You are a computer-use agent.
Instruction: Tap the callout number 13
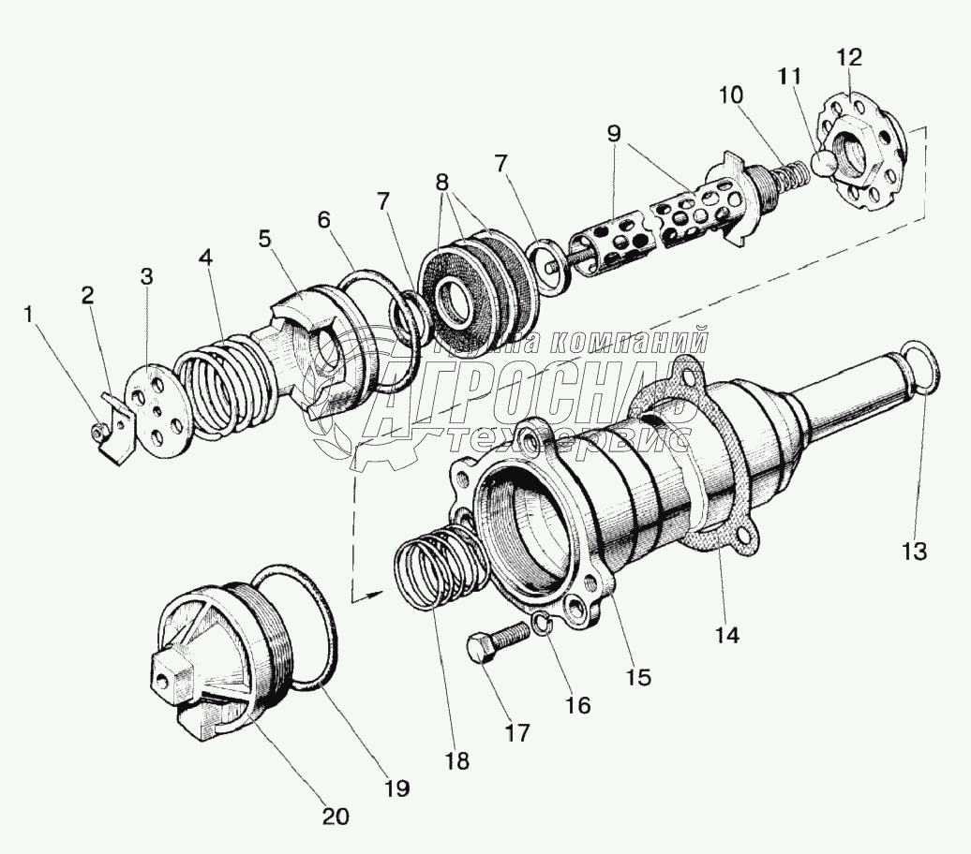(x=915, y=552)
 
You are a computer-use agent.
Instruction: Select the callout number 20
(x=336, y=816)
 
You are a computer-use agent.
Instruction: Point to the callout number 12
(x=849, y=58)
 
